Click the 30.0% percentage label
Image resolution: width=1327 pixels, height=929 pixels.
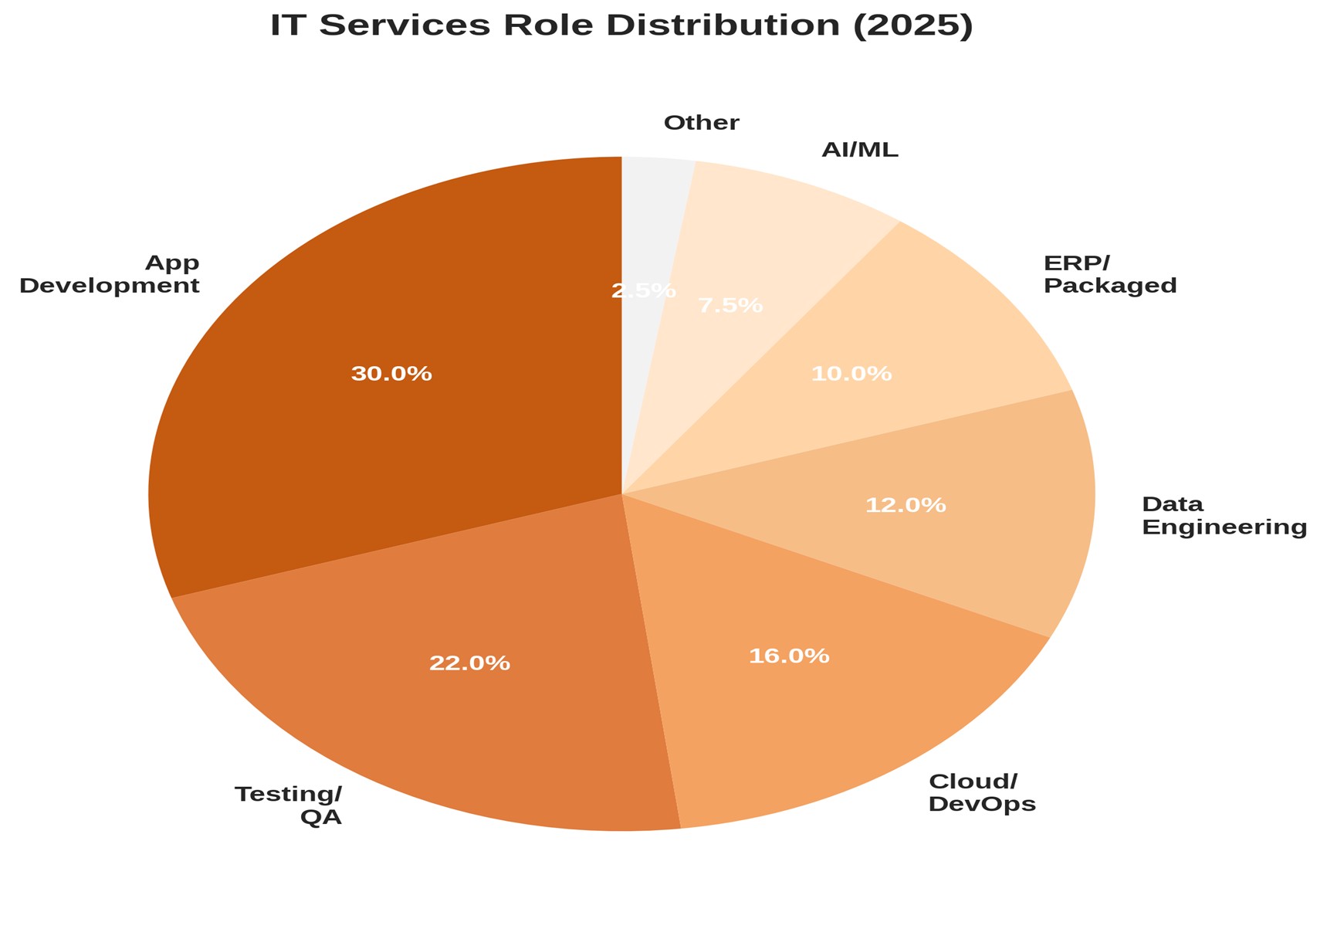pyautogui.click(x=391, y=375)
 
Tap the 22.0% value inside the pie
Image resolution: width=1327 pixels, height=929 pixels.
pyautogui.click(x=469, y=663)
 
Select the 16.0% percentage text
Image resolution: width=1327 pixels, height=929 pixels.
pyautogui.click(x=789, y=656)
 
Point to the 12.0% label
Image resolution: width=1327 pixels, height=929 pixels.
pyautogui.click(x=906, y=506)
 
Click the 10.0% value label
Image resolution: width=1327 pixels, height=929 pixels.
pyautogui.click(x=851, y=375)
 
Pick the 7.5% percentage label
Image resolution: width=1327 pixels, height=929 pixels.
pyautogui.click(x=730, y=306)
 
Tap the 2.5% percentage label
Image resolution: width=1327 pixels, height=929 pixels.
pyautogui.click(x=644, y=291)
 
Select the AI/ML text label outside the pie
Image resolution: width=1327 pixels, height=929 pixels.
pyautogui.click(x=860, y=151)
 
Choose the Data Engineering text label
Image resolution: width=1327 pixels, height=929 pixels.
pyautogui.click(x=1224, y=516)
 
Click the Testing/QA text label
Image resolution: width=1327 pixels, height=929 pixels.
pyautogui.click(x=289, y=805)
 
